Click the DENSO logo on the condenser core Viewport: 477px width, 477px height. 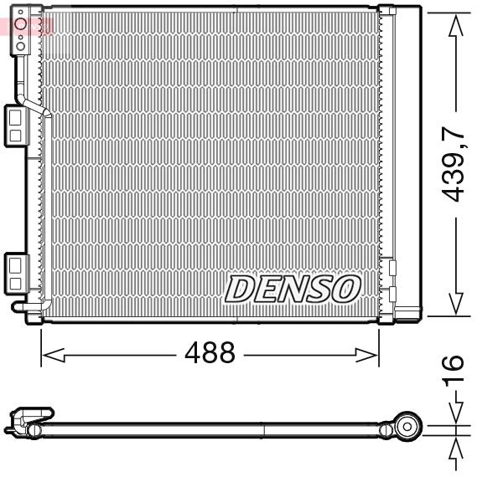click(292, 289)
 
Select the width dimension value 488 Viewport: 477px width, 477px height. click(210, 353)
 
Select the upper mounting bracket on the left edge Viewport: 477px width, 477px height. click(15, 124)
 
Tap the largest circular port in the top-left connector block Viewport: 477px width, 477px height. click(22, 27)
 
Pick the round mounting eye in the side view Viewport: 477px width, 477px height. click(409, 427)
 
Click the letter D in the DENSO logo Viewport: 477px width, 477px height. click(241, 290)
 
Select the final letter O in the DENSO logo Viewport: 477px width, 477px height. click(345, 290)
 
